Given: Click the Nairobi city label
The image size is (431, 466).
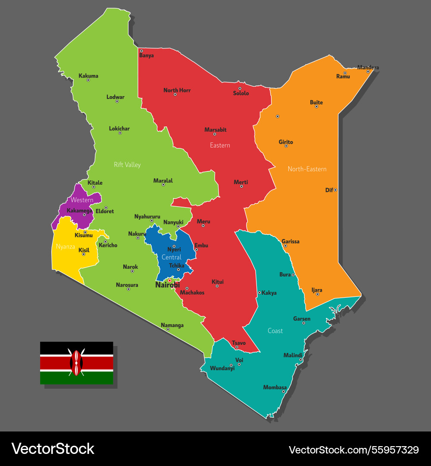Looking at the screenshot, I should tap(167, 285).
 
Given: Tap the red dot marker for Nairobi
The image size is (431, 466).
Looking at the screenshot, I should tap(169, 280).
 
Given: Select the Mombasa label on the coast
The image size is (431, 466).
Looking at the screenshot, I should tap(275, 387).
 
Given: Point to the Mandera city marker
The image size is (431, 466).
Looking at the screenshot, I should tap(368, 72).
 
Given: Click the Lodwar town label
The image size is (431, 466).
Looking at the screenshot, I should tap(116, 97).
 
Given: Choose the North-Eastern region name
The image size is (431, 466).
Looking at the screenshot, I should tap(307, 169).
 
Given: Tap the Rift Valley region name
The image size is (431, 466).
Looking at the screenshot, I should tap(127, 165).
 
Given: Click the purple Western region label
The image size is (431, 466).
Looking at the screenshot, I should tap(82, 200).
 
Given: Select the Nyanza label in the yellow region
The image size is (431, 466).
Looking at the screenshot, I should tap(66, 247).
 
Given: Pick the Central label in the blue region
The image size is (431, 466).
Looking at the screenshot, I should tap(172, 258).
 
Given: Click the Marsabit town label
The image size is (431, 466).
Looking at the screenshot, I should tap(215, 130).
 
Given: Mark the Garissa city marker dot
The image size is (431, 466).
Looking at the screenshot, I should tap(285, 246).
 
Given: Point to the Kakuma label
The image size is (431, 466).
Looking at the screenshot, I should tap(88, 76).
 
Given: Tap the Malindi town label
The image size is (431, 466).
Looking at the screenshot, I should tap(293, 356).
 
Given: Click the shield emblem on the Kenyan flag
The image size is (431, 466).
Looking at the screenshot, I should tap(76, 363).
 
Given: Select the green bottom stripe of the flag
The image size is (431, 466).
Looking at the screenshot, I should tap(76, 378).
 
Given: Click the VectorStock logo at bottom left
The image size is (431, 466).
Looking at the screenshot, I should tap(53, 449).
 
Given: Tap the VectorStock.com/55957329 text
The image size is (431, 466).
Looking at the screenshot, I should tap(353, 450).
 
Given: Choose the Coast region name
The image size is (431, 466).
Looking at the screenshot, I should tap(275, 331).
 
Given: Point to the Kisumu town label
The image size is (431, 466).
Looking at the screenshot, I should tap(84, 236).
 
